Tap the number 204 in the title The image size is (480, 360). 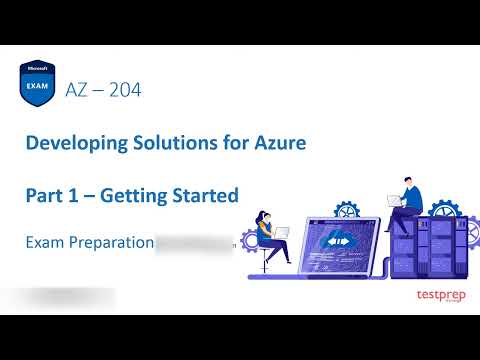tap(124, 89)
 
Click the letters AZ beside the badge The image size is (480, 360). tap(76, 89)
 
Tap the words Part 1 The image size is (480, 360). tap(50, 195)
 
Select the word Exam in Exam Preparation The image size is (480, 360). tap(44, 242)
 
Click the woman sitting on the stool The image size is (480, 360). tap(271, 235)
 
